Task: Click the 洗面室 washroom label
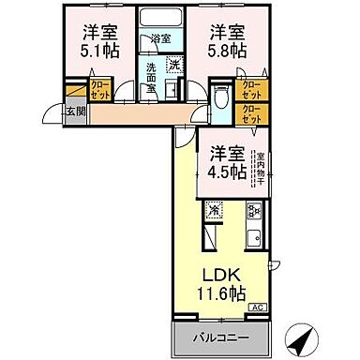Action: pos(151,74)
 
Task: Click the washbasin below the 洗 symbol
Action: pos(174,87)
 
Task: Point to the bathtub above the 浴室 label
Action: pos(160,20)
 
